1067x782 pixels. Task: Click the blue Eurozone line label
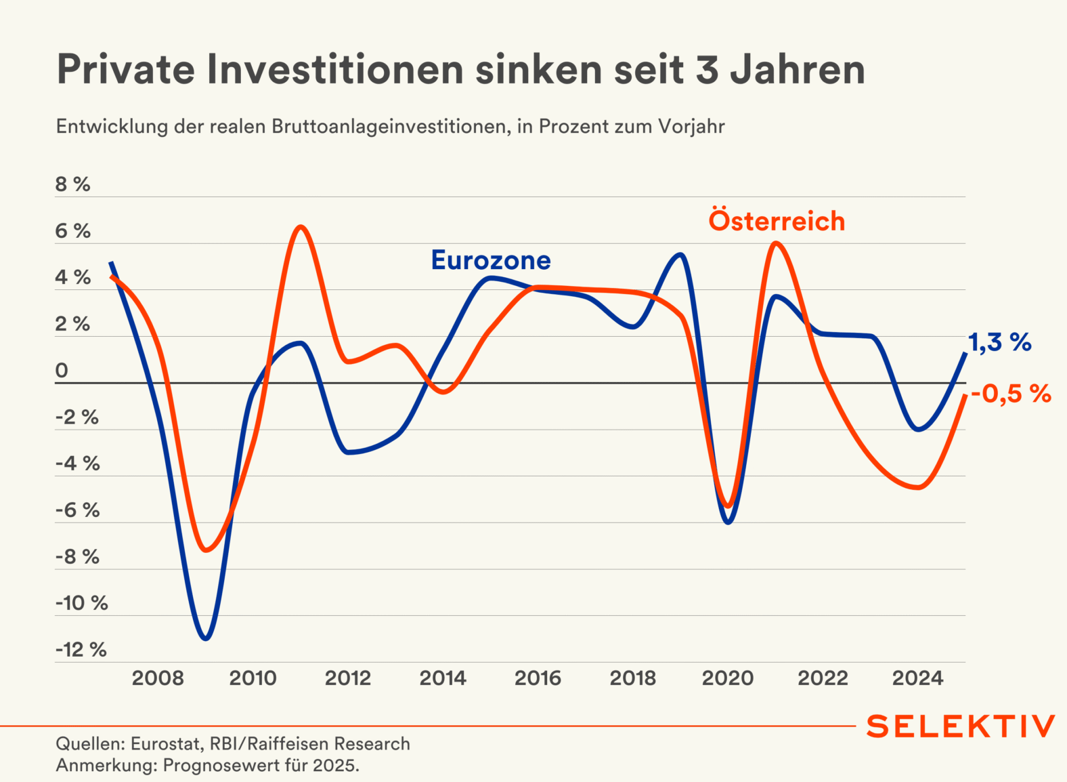click(491, 260)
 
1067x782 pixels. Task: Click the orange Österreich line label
click(777, 221)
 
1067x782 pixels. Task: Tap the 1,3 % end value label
click(999, 343)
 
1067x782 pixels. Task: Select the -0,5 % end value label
click(1011, 394)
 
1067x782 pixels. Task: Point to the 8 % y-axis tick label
click(73, 184)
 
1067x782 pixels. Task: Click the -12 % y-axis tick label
click(81, 650)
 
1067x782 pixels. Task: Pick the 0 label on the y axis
click(62, 371)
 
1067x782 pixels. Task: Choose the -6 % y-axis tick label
click(78, 510)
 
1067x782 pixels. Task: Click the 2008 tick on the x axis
click(158, 678)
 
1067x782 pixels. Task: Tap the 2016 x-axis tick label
click(538, 678)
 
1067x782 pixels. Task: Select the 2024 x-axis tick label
click(917, 678)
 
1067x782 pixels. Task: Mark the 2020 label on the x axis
click(728, 678)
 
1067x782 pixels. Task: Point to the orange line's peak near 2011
click(301, 227)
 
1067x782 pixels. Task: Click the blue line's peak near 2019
click(680, 255)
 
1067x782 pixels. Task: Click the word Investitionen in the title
click(335, 69)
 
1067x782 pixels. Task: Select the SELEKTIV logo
click(960, 726)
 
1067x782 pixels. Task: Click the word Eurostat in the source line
click(165, 744)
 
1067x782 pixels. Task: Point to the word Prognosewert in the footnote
click(234, 766)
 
